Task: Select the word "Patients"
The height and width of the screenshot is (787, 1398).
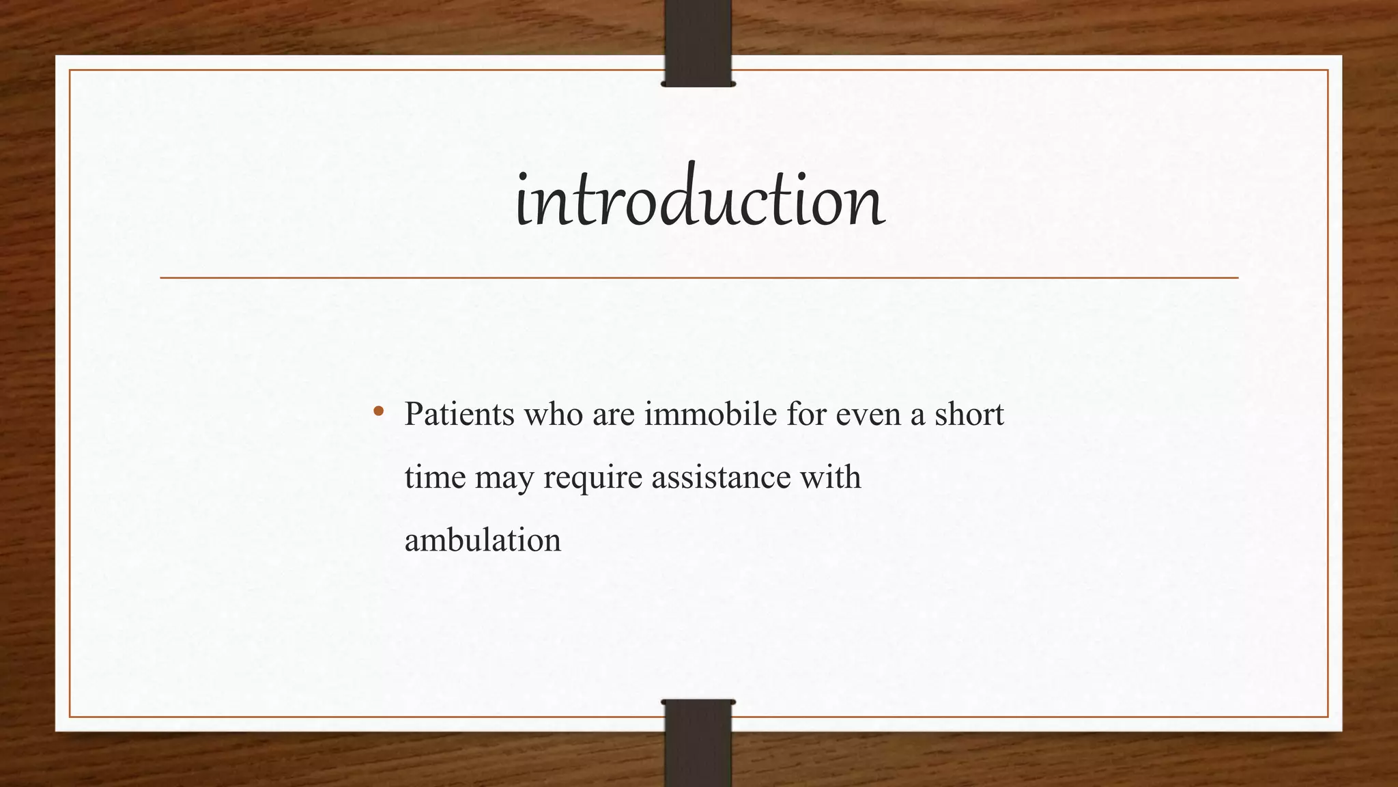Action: coord(459,414)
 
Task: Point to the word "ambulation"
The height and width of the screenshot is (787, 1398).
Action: coord(483,540)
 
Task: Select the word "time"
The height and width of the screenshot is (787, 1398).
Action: coord(435,477)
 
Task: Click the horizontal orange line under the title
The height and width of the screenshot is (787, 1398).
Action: coord(699,278)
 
